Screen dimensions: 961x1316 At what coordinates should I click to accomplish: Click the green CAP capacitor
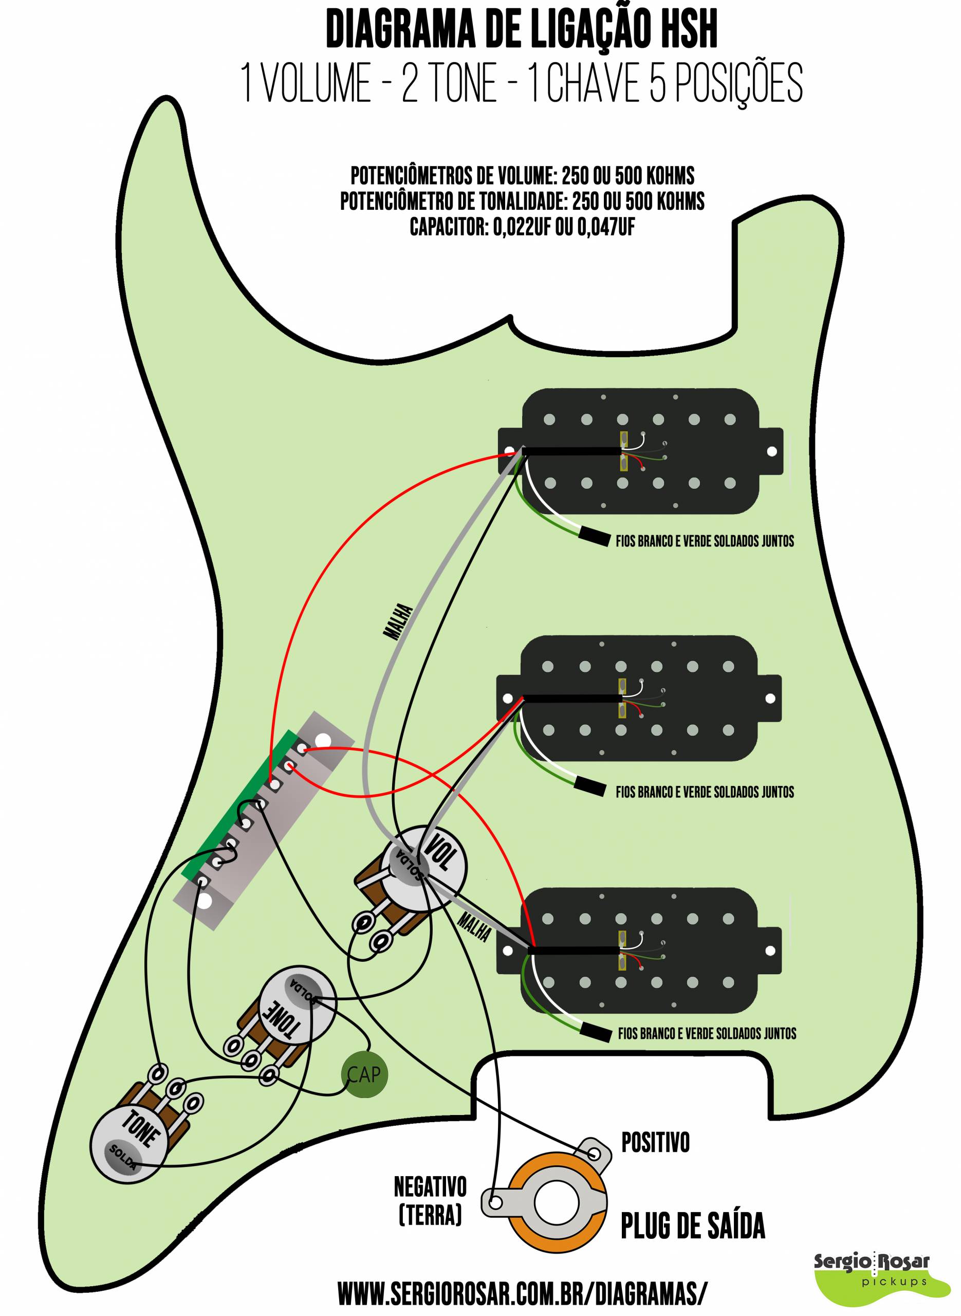[x=364, y=1074]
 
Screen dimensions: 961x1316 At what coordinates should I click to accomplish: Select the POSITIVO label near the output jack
[x=656, y=1143]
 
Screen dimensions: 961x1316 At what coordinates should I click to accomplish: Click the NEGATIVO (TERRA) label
[x=430, y=1200]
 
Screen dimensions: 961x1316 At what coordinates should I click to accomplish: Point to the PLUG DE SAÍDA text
[x=693, y=1226]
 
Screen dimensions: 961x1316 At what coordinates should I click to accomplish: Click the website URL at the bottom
[x=523, y=1293]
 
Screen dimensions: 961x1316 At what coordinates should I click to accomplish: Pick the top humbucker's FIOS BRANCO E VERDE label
[x=705, y=541]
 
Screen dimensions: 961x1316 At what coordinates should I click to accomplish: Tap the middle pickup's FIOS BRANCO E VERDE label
[x=705, y=792]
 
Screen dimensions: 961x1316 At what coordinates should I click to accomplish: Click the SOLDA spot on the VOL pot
[x=409, y=864]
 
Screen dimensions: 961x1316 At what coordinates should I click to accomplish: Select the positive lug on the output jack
[x=595, y=1153]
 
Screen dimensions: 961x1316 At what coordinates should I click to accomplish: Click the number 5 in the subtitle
[x=657, y=83]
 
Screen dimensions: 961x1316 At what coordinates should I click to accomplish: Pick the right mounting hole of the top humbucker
[x=772, y=451]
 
